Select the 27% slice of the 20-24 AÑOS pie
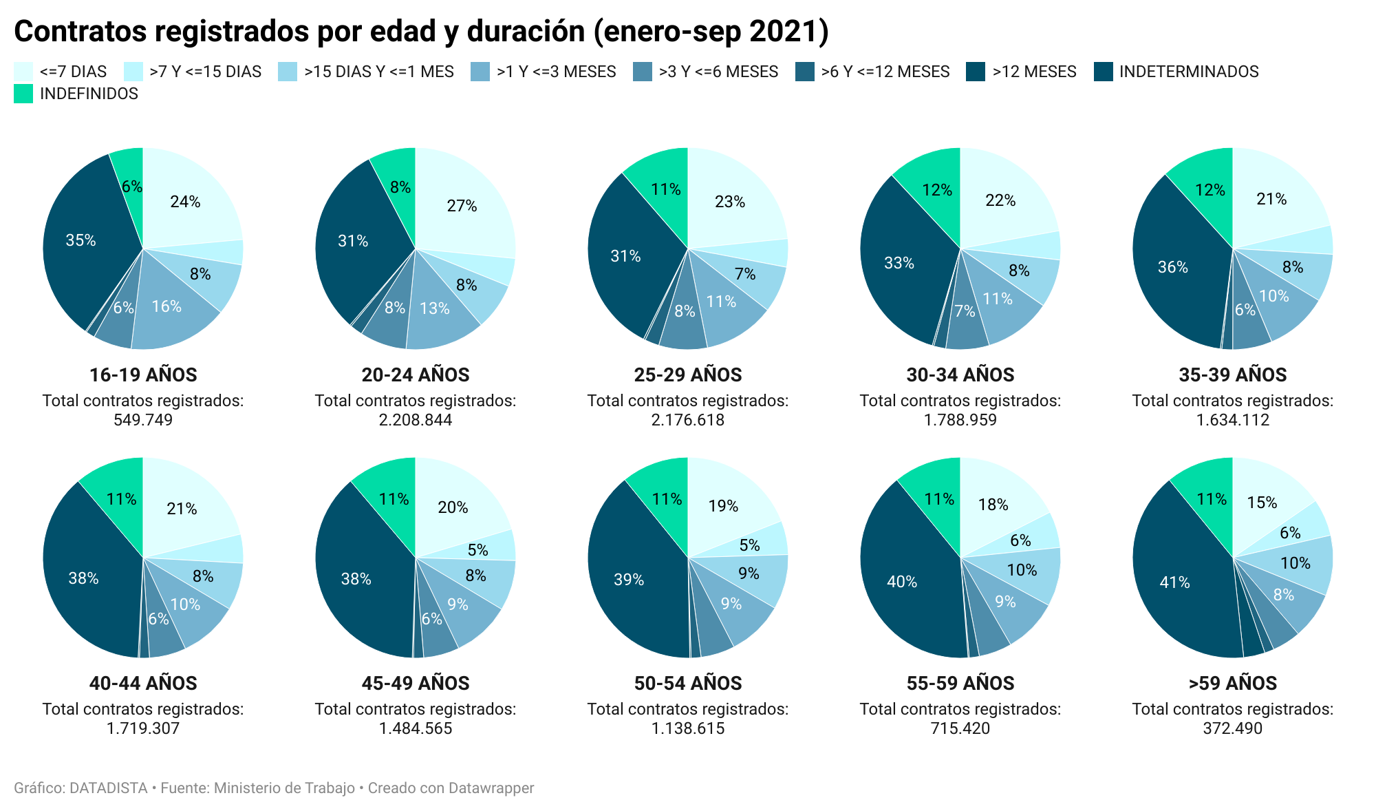click(x=462, y=206)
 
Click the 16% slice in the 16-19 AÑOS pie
click(x=167, y=307)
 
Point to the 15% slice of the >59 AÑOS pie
click(x=1262, y=502)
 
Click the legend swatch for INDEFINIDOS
click(x=23, y=94)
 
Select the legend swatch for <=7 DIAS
click(x=23, y=72)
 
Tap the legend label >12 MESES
click(x=1034, y=72)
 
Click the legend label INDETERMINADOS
click(x=1189, y=72)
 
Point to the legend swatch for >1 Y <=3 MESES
click(x=480, y=72)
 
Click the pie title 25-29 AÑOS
click(x=688, y=375)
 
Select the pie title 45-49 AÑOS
click(x=416, y=684)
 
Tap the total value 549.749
click(x=143, y=420)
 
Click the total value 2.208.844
click(x=416, y=420)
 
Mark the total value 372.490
click(x=1233, y=728)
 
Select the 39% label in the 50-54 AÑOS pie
click(x=629, y=580)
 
